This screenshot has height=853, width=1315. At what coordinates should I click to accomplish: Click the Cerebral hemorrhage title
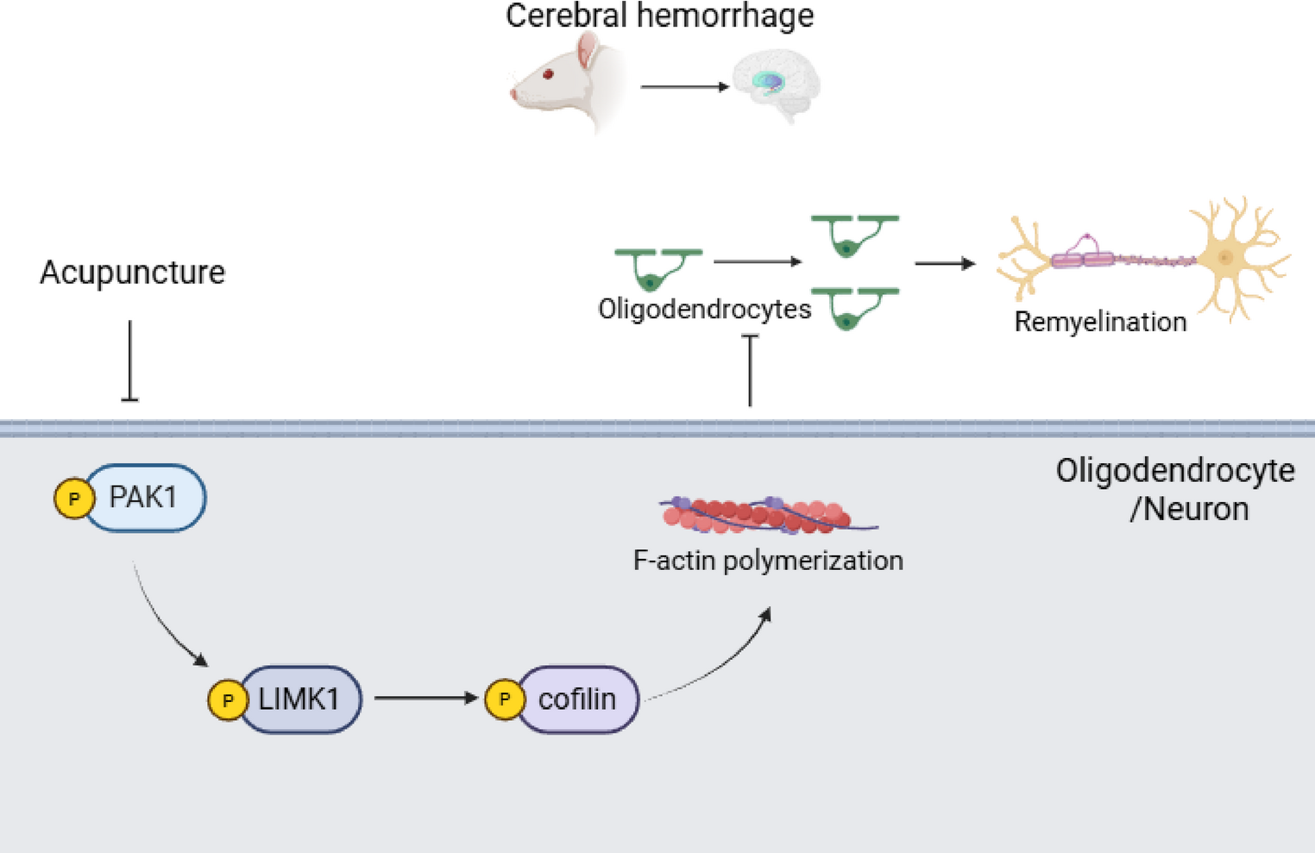pyautogui.click(x=659, y=16)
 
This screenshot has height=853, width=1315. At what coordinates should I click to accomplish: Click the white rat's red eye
pyautogui.click(x=548, y=75)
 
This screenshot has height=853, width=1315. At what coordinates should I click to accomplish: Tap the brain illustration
pyautogui.click(x=776, y=84)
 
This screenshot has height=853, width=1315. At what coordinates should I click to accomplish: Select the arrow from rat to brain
pyautogui.click(x=684, y=86)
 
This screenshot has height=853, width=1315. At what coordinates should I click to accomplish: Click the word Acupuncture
pyautogui.click(x=132, y=273)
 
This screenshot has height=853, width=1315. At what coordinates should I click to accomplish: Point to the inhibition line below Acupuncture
pyautogui.click(x=130, y=361)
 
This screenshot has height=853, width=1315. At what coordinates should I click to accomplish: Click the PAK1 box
pyautogui.click(x=144, y=498)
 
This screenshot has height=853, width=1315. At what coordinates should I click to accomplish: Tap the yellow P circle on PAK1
pyautogui.click(x=74, y=499)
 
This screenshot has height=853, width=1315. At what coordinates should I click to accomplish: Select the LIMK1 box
pyautogui.click(x=299, y=699)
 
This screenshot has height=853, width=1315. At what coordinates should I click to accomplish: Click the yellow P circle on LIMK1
pyautogui.click(x=228, y=699)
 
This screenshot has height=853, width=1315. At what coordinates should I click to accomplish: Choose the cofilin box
pyautogui.click(x=577, y=699)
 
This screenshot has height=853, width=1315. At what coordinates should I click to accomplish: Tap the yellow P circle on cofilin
pyautogui.click(x=505, y=699)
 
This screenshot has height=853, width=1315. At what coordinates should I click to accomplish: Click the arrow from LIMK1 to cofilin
pyautogui.click(x=426, y=698)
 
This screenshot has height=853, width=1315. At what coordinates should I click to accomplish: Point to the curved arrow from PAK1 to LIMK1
pyautogui.click(x=166, y=619)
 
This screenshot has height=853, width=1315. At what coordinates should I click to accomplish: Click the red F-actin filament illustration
pyautogui.click(x=759, y=514)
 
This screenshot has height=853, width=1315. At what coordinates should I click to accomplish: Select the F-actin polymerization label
pyautogui.click(x=768, y=561)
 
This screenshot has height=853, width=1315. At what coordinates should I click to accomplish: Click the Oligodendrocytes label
pyautogui.click(x=704, y=309)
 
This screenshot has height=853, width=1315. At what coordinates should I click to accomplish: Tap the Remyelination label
pyautogui.click(x=1100, y=322)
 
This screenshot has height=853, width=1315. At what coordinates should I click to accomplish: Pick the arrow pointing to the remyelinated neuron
pyautogui.click(x=945, y=263)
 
